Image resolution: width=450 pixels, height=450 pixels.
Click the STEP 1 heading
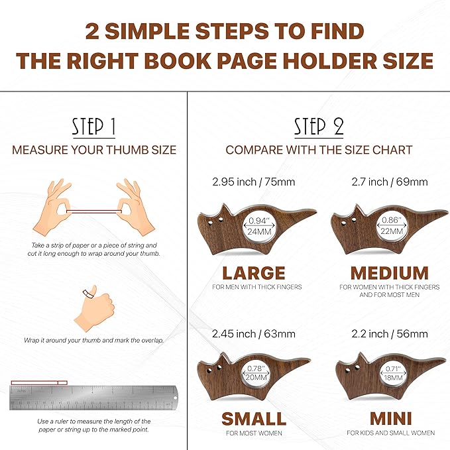94,126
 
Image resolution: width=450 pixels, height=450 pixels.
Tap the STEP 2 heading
319,126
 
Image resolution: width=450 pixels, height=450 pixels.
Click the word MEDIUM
389,272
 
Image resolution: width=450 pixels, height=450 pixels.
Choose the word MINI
390,419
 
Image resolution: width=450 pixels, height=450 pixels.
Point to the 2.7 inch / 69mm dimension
389,181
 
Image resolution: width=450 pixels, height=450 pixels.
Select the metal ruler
93,398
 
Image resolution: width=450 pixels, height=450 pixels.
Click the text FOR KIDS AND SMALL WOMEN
390,433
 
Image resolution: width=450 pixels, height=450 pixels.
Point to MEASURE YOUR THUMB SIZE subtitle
94,149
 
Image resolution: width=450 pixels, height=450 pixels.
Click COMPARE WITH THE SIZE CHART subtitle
319,149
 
